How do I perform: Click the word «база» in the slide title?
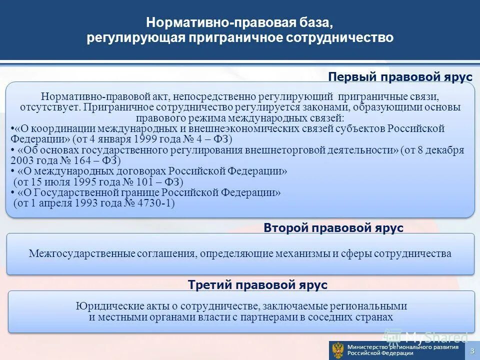[314, 22]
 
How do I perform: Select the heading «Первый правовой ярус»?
[400, 77]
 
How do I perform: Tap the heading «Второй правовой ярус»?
[333, 228]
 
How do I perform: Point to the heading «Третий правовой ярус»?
[257, 285]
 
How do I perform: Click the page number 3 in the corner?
[472, 351]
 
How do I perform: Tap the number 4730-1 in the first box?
[156, 203]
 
